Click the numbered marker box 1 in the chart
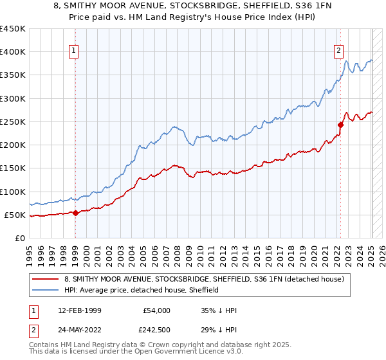74,51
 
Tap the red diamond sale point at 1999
75,213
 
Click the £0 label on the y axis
19,238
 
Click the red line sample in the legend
46,279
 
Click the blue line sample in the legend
46,290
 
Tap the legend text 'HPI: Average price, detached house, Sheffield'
141,290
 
